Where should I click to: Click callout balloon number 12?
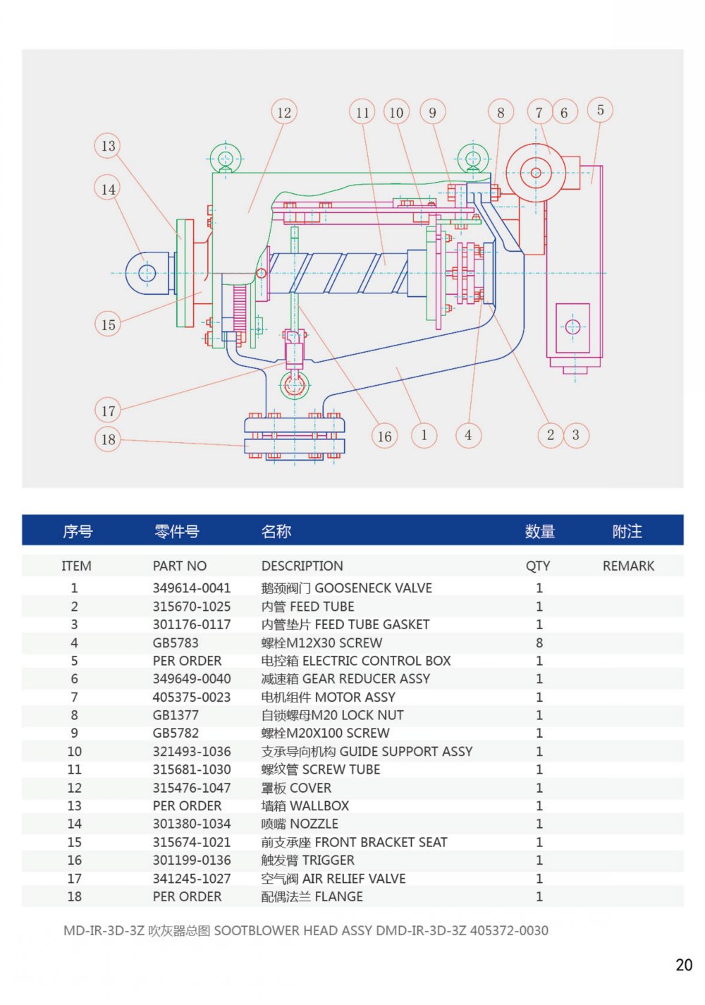pyautogui.click(x=284, y=112)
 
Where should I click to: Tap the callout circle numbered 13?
pyautogui.click(x=108, y=146)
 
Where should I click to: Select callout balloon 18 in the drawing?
pyautogui.click(x=108, y=439)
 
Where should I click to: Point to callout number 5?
pyautogui.click(x=600, y=110)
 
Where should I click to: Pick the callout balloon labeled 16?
pyautogui.click(x=384, y=436)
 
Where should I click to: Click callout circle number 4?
pyautogui.click(x=468, y=435)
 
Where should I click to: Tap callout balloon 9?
pyautogui.click(x=432, y=112)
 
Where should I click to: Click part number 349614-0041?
pyautogui.click(x=192, y=588)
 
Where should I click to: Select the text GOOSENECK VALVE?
pyautogui.click(x=373, y=588)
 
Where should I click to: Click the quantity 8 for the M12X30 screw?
pyautogui.click(x=539, y=642)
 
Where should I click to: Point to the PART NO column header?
pyautogui.click(x=180, y=566)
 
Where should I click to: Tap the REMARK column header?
pyautogui.click(x=628, y=566)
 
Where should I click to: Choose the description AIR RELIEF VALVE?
pyautogui.click(x=354, y=879)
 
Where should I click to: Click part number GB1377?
pyautogui.click(x=176, y=715)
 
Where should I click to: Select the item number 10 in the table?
pyautogui.click(x=75, y=752)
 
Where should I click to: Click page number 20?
pyautogui.click(x=684, y=965)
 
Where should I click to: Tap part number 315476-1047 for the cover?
pyautogui.click(x=192, y=788)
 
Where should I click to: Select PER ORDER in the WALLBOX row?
pyautogui.click(x=187, y=805)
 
